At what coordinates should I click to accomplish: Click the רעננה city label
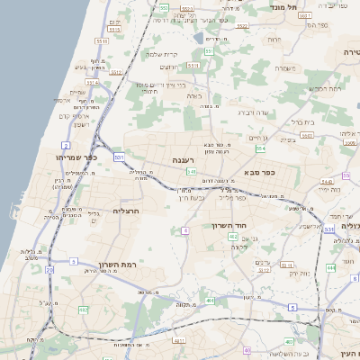(184, 159)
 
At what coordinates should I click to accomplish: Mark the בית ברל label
(301, 121)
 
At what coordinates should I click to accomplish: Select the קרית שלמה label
(160, 54)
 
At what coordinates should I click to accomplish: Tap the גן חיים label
(258, 137)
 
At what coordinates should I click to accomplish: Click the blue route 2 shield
(65, 145)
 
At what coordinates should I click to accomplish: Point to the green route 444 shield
(330, 267)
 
